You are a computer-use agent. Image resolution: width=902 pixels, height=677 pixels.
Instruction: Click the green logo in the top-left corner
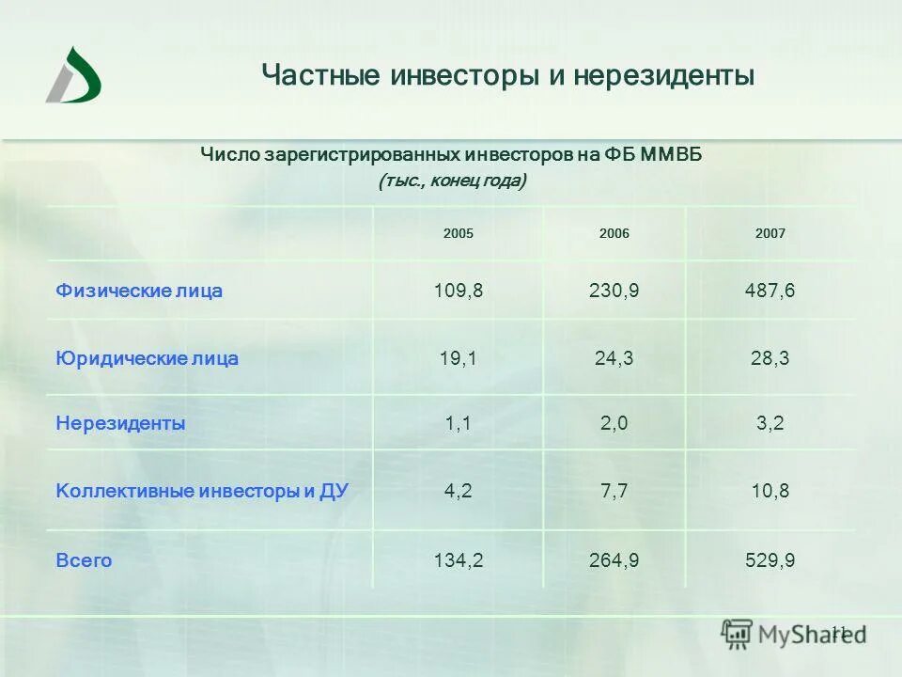(73, 74)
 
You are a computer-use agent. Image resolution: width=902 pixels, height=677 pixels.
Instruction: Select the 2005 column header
(459, 233)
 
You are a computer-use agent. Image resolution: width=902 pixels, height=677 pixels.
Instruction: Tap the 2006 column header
(614, 233)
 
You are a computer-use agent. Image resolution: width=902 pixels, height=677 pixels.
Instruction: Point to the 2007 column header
(770, 233)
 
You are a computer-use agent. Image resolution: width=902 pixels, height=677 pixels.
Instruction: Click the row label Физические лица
(139, 291)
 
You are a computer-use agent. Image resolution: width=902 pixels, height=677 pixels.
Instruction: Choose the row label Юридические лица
(148, 358)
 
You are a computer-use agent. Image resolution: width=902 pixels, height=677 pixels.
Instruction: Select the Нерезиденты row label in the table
(120, 423)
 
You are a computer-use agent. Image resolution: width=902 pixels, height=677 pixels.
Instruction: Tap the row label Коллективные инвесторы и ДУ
(202, 491)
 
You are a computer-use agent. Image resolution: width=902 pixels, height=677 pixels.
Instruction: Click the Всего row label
(84, 560)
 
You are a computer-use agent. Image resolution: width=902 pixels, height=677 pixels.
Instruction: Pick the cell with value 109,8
(459, 291)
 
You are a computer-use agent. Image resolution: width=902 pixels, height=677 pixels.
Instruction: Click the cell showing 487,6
(770, 291)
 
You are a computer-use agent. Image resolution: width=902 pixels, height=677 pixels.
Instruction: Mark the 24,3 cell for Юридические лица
(614, 358)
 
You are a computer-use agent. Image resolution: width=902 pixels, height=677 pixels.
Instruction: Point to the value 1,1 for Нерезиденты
(459, 423)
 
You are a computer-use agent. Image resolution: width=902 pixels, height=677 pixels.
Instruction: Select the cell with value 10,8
(770, 491)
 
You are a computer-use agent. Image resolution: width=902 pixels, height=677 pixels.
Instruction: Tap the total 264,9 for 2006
(614, 560)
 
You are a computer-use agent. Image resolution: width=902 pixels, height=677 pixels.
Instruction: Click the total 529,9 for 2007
(770, 560)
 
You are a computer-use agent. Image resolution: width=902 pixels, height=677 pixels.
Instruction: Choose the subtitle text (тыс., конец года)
(452, 181)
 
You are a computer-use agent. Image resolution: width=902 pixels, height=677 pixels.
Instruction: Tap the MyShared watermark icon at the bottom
(737, 634)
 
